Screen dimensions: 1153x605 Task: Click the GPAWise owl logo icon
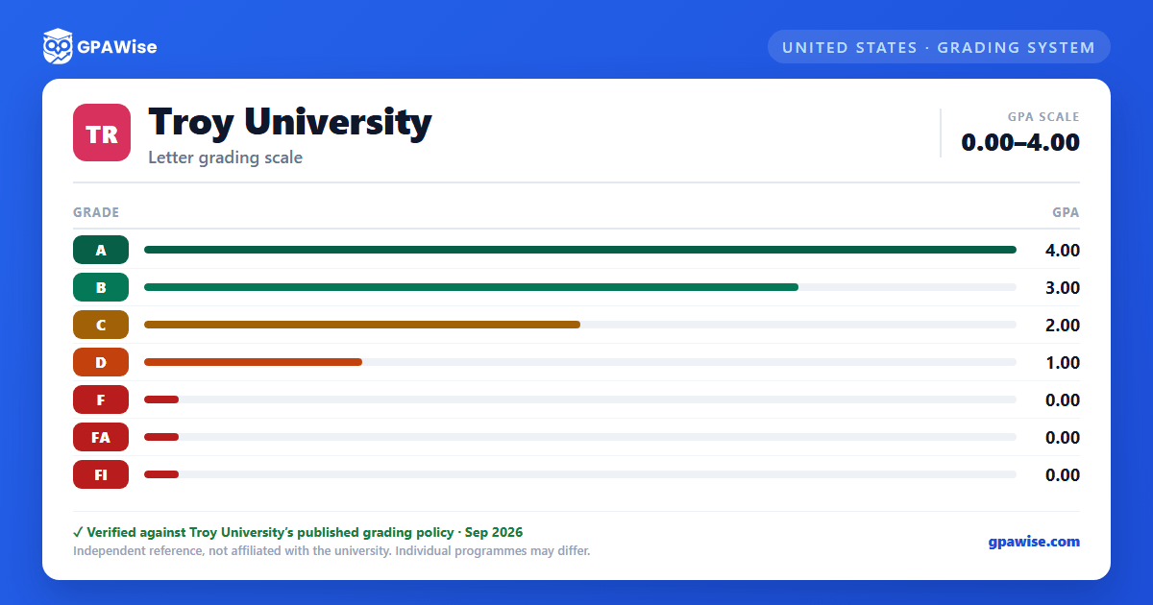point(58,46)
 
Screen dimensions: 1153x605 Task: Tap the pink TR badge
point(102,133)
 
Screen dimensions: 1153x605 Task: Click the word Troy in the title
point(191,123)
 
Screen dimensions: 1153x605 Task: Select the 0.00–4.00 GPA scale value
point(1020,142)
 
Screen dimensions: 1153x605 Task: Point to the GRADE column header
point(96,212)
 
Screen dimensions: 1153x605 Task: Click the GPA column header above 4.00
point(1066,212)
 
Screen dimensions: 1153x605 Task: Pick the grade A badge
point(101,250)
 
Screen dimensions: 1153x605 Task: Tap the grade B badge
point(101,287)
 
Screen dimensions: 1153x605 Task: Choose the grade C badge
point(101,325)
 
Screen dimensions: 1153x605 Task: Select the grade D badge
point(101,362)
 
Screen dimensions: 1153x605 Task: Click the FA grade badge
point(101,437)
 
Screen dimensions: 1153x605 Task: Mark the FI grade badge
point(101,474)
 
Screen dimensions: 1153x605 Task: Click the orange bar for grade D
point(254,362)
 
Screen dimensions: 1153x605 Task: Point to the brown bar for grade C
point(362,325)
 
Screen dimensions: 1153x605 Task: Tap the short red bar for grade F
point(161,399)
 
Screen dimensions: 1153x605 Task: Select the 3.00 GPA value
point(1063,287)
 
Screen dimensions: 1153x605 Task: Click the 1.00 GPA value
point(1063,363)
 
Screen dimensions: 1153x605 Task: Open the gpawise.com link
point(1034,542)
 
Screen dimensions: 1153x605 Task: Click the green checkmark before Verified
point(78,532)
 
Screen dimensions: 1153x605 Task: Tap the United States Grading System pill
point(939,47)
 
